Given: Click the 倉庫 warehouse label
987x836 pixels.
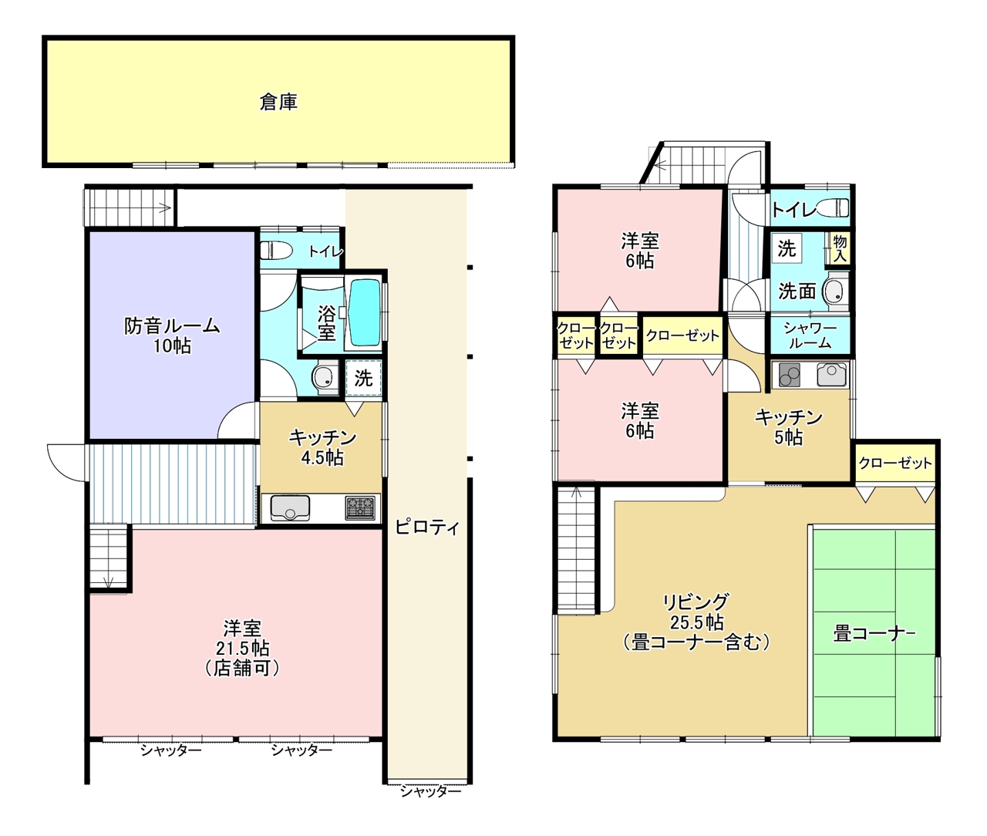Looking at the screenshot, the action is click(278, 102).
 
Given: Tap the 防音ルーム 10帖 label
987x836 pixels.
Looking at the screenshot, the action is click(172, 335).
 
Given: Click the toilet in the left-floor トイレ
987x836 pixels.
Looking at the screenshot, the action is click(276, 250).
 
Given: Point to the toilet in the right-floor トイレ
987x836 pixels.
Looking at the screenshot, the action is click(832, 207).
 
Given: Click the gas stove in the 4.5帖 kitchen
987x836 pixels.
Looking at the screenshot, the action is click(360, 508).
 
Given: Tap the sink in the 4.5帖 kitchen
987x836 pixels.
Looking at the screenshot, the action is click(290, 507).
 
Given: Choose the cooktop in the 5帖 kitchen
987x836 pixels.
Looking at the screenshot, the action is click(790, 375).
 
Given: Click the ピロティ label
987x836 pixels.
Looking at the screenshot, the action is click(427, 528).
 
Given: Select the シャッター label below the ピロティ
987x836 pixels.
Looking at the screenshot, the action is click(431, 791).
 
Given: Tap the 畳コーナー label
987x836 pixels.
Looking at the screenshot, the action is click(874, 634).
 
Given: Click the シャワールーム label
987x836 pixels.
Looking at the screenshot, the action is click(810, 335).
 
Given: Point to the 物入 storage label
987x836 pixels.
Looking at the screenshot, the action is click(840, 248).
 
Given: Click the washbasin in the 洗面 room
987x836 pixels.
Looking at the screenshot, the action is click(836, 290).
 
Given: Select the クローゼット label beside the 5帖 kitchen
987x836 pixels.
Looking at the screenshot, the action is click(895, 463).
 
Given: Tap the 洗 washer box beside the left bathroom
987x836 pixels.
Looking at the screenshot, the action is click(363, 379).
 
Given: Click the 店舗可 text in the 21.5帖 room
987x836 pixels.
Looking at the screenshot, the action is click(242, 669).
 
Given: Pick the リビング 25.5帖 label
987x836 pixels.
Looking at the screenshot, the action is click(696, 622).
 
